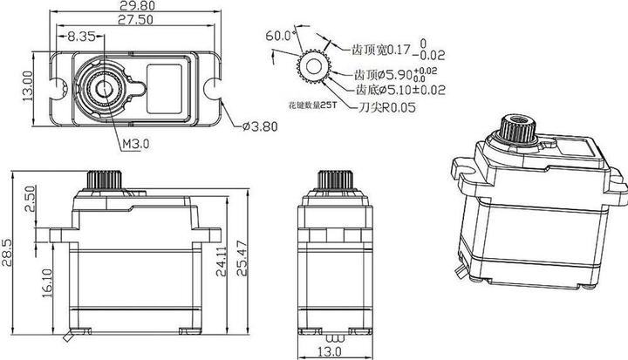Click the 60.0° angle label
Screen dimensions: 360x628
281,37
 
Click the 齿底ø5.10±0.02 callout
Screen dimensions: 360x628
399,89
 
